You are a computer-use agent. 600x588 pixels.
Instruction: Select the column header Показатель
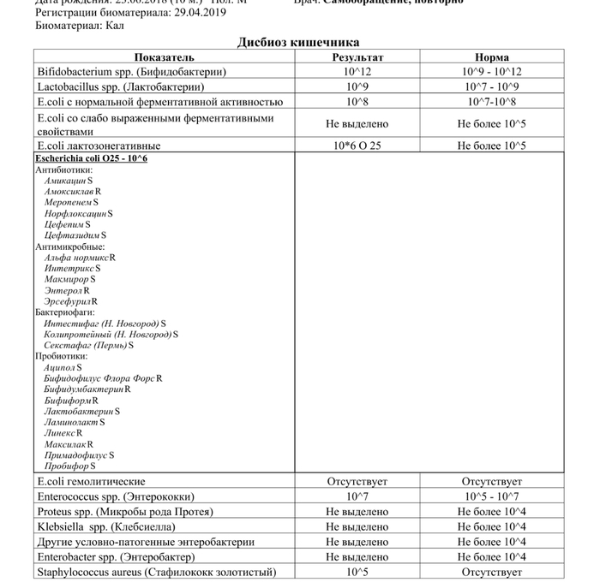(x=164, y=57)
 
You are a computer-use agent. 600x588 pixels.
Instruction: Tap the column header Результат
(x=357, y=57)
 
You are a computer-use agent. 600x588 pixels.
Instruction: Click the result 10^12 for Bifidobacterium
(x=357, y=72)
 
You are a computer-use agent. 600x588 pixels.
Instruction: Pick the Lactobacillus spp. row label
(x=120, y=86)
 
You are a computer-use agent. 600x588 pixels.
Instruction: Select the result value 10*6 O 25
(x=357, y=146)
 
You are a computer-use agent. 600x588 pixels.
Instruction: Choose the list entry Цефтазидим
(x=72, y=235)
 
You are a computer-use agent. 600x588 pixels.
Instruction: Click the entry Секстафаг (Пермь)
(x=86, y=345)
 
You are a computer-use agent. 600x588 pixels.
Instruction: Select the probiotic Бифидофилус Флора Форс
(x=99, y=377)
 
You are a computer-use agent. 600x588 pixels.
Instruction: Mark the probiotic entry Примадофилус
(x=76, y=455)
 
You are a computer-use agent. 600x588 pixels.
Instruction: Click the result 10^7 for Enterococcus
(x=357, y=496)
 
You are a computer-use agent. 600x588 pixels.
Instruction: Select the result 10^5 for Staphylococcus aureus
(x=357, y=572)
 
